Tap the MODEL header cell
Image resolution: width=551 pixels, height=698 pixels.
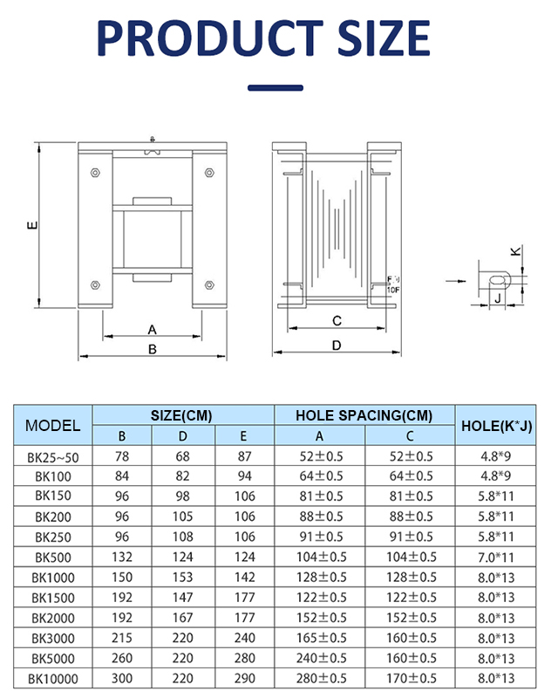(x=52, y=426)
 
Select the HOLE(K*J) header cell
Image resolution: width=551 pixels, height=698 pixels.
(x=496, y=426)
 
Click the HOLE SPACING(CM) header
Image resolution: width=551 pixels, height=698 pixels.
(x=364, y=415)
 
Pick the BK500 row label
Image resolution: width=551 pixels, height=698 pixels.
(x=52, y=557)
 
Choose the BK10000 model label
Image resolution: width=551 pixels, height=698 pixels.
(x=52, y=678)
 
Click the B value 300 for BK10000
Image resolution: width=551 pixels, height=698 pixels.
(x=122, y=678)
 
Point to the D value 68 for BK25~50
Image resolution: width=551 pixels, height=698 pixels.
(x=183, y=456)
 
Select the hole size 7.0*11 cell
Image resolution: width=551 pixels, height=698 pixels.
(x=496, y=557)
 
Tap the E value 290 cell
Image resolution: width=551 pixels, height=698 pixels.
(x=244, y=678)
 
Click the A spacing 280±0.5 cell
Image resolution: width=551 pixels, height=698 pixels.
(x=319, y=678)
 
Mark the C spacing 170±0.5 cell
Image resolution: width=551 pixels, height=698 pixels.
(x=410, y=678)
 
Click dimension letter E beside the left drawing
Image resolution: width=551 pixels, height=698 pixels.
(x=31, y=226)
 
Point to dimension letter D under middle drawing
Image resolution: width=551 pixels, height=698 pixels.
(x=337, y=346)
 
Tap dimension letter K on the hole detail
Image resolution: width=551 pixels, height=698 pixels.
(x=514, y=252)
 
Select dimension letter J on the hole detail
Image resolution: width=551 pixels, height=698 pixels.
(x=497, y=298)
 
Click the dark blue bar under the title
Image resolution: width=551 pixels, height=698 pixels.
(x=275, y=87)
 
